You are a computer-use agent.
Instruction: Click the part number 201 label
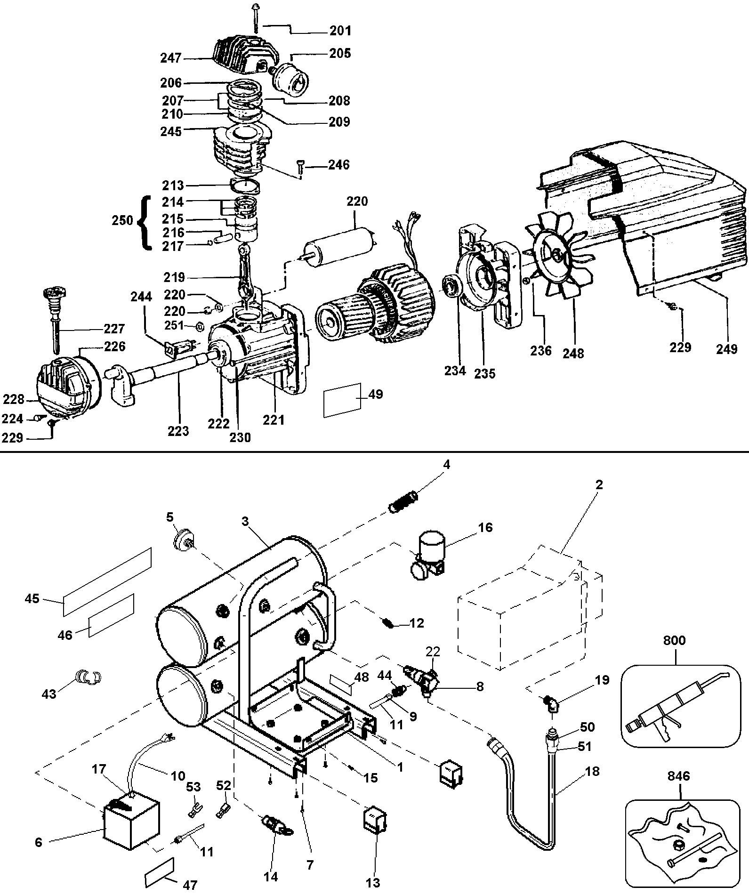coord(340,31)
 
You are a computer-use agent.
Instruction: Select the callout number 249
coord(727,349)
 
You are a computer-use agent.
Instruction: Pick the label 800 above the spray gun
coord(674,640)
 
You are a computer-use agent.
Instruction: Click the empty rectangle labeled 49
coord(342,399)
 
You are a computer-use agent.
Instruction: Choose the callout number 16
coord(485,528)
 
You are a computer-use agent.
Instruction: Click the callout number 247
coord(170,58)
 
